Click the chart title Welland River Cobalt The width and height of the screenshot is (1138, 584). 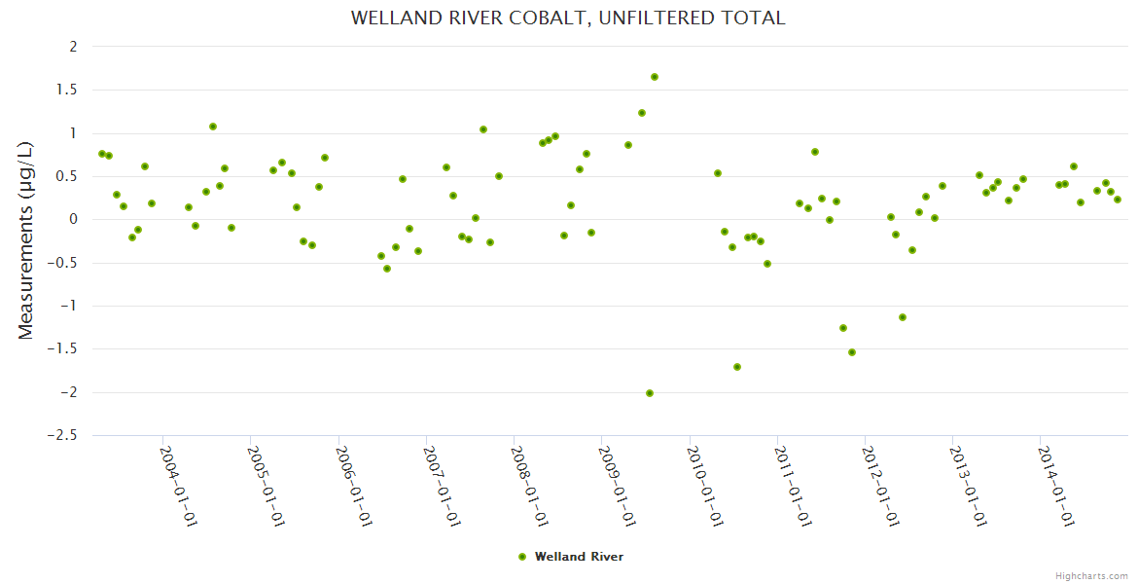(568, 18)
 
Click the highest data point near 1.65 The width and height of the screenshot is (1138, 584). (655, 77)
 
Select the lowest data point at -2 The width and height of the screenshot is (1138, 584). (650, 393)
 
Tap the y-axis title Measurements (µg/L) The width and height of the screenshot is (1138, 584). (26, 240)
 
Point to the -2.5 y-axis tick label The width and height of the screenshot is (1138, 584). (63, 436)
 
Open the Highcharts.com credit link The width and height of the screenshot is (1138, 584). (1091, 575)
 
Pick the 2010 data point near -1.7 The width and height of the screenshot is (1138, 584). (737, 367)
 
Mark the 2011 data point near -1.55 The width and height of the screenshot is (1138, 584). (852, 352)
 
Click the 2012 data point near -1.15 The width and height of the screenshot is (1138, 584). (903, 317)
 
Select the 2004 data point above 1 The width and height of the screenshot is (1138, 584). (213, 127)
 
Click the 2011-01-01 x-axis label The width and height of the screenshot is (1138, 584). (794, 486)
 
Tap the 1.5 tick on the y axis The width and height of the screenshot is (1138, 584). (68, 90)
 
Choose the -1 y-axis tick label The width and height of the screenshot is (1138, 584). (68, 307)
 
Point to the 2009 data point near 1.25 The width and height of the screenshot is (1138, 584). (642, 113)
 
